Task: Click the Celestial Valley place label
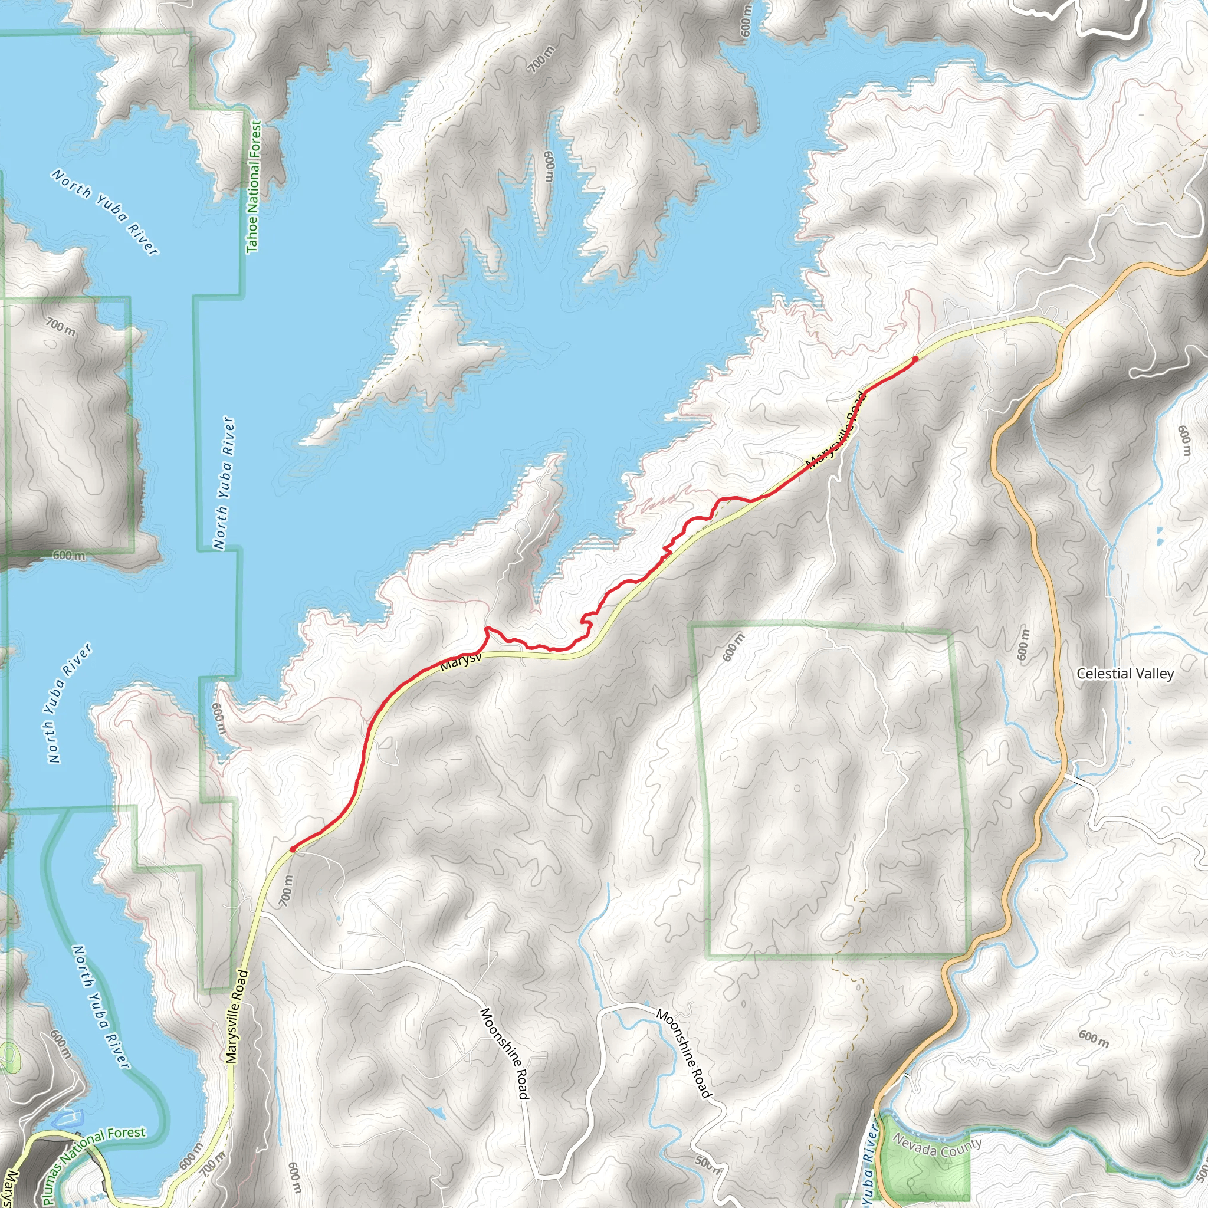[x=1125, y=674]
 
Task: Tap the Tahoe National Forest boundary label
[x=253, y=187]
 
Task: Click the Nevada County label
[x=937, y=1147]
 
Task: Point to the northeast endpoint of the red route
[x=915, y=358]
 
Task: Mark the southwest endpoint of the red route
[x=292, y=850]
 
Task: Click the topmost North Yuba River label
[x=105, y=211]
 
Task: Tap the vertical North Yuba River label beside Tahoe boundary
[x=224, y=483]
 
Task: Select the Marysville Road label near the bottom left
[x=237, y=1017]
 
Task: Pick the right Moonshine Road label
[x=684, y=1053]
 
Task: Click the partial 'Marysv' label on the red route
[x=461, y=662]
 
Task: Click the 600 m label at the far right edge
[x=1184, y=441]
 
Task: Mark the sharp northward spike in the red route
[x=487, y=628]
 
